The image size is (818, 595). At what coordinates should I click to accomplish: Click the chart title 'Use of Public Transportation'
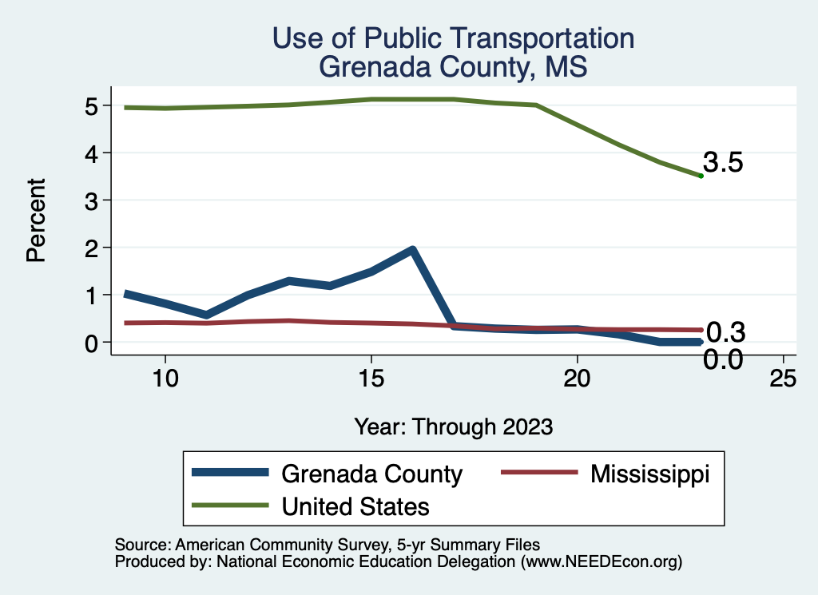tap(453, 38)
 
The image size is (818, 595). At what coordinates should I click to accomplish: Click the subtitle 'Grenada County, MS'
tap(453, 67)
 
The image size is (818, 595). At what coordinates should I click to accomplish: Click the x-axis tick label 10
tap(165, 379)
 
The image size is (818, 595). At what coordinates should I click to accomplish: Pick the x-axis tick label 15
tap(371, 379)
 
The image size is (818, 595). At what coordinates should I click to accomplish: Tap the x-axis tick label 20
tap(577, 379)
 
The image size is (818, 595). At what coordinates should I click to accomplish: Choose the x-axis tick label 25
tap(783, 379)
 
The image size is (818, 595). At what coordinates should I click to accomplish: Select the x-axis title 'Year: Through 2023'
tap(453, 426)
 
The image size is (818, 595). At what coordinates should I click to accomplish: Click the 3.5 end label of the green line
tap(724, 163)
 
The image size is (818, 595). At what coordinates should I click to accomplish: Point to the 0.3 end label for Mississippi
tap(726, 331)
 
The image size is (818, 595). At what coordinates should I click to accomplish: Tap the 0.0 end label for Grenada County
tap(723, 360)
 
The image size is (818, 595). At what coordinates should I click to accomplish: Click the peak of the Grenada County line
tap(412, 251)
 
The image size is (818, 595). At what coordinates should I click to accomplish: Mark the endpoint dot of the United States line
tap(701, 176)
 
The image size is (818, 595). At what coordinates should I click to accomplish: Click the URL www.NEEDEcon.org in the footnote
tap(601, 562)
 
